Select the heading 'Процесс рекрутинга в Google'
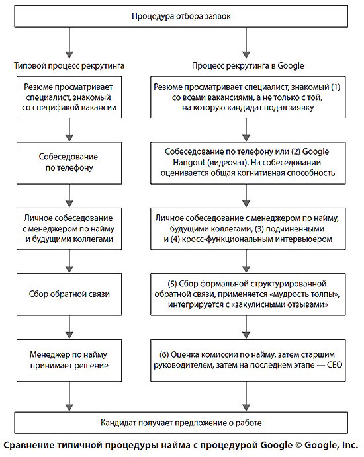coord(248,67)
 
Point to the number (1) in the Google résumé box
coord(336,87)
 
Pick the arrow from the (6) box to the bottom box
coord(248,394)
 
